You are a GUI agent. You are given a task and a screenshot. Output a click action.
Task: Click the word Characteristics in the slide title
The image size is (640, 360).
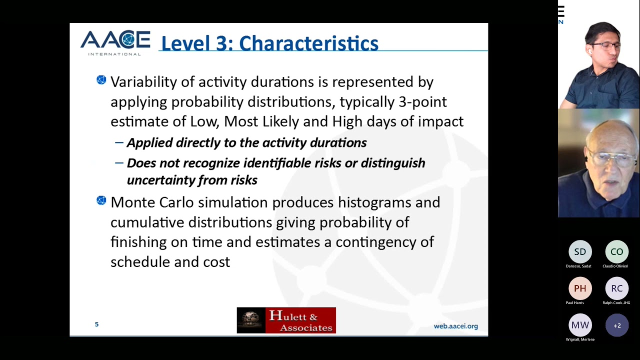pos(308,43)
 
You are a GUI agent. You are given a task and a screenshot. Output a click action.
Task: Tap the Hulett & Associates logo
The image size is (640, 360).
pos(286,320)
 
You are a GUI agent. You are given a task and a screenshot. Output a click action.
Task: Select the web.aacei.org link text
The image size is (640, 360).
pos(455,326)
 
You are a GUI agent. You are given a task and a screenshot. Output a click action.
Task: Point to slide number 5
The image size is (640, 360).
pos(96,324)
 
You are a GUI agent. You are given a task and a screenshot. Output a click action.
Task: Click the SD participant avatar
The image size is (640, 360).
pos(580,252)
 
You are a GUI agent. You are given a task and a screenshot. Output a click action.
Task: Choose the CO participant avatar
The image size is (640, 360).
pos(616,252)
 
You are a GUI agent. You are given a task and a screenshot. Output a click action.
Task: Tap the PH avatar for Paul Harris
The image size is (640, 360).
pos(580,288)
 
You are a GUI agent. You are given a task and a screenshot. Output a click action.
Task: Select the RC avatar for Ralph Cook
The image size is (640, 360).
pos(616,288)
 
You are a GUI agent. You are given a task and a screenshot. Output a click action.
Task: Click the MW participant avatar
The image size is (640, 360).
pos(580,325)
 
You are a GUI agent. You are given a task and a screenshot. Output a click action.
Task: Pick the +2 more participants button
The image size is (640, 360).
pos(616,325)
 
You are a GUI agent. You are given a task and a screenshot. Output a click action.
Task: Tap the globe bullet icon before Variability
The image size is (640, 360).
pos(101,80)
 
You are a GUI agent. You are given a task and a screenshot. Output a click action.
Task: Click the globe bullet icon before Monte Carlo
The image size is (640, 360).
pos(101,200)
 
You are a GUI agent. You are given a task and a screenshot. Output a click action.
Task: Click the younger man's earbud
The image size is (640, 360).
pos(589,51)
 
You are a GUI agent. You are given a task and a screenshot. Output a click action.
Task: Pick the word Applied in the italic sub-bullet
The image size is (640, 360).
pos(149,143)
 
